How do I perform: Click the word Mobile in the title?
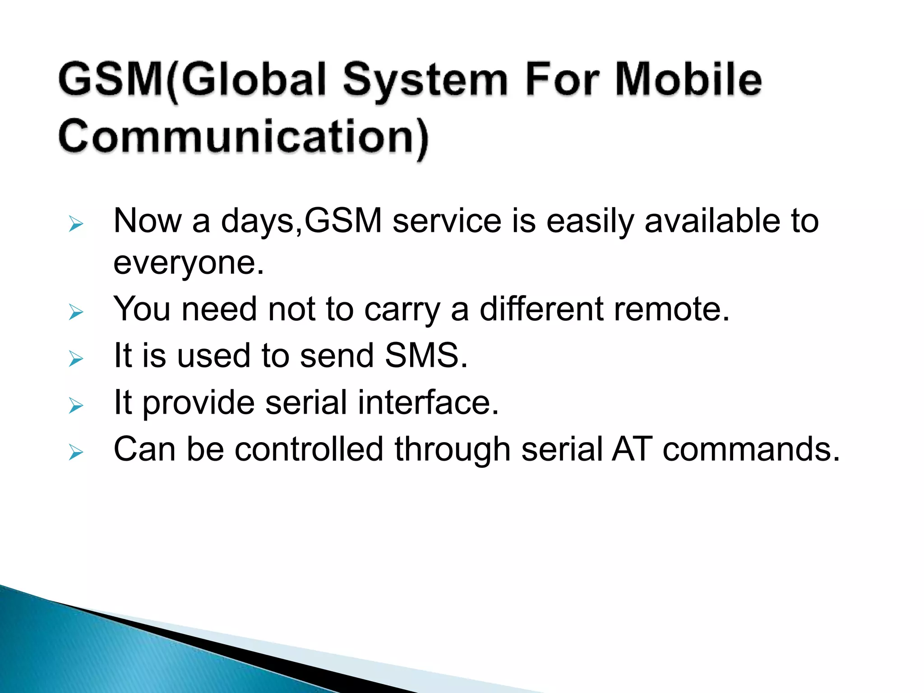[x=688, y=80]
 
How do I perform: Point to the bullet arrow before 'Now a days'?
[x=76, y=224]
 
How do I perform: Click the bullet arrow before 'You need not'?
[x=76, y=312]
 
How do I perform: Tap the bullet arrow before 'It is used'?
[x=76, y=359]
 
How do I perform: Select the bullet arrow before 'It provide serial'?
[x=76, y=406]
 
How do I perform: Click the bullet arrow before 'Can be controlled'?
[x=76, y=452]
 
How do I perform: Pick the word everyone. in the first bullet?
[x=188, y=263]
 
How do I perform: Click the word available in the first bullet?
[x=712, y=221]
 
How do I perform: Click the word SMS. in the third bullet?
[x=426, y=356]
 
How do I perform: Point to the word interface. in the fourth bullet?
[x=428, y=402]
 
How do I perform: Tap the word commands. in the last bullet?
[x=751, y=449]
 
